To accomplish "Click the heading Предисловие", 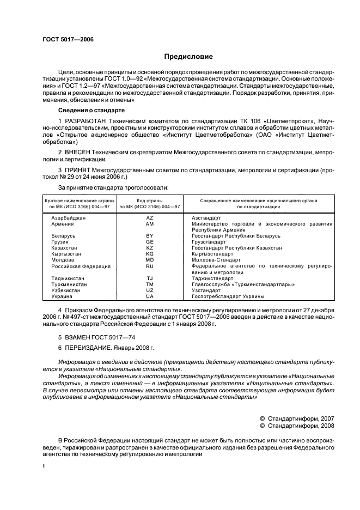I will pos(188,57).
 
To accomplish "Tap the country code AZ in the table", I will pos(150,217).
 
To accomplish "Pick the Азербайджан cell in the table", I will pos(69,217).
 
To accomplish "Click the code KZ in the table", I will pos(150,247).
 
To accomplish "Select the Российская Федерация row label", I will pos(81,266).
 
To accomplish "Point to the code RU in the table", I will pos(150,266).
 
